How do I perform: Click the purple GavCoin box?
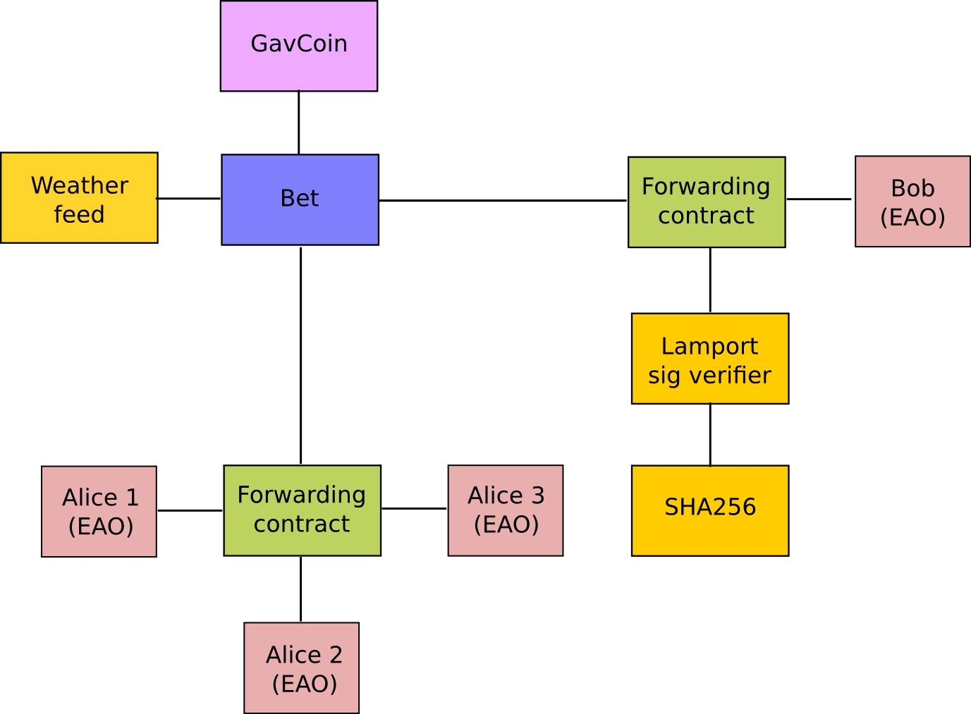[x=299, y=46]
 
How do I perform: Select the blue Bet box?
[x=300, y=199]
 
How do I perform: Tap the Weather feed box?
[x=79, y=198]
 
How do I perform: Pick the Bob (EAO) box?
[x=912, y=202]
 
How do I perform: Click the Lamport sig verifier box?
[x=710, y=359]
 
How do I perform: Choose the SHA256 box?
[x=710, y=510]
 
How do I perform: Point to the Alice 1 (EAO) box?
[x=99, y=512]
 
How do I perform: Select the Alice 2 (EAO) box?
[x=302, y=667]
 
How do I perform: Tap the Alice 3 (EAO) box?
[x=506, y=510]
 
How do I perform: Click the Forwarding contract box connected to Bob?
[x=707, y=202]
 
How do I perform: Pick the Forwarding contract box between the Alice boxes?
[x=303, y=510]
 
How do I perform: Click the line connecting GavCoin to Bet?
[x=299, y=123]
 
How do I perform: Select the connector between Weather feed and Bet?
[x=189, y=199]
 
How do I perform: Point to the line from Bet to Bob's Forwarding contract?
[x=502, y=200]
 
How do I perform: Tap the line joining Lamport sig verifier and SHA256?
[x=710, y=434]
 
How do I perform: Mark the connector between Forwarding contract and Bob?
[x=819, y=199]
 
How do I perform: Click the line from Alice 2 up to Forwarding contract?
[x=301, y=589]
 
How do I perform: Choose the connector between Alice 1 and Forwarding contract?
[x=190, y=510]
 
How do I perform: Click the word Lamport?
[x=709, y=346]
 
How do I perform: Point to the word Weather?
[x=80, y=185]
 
